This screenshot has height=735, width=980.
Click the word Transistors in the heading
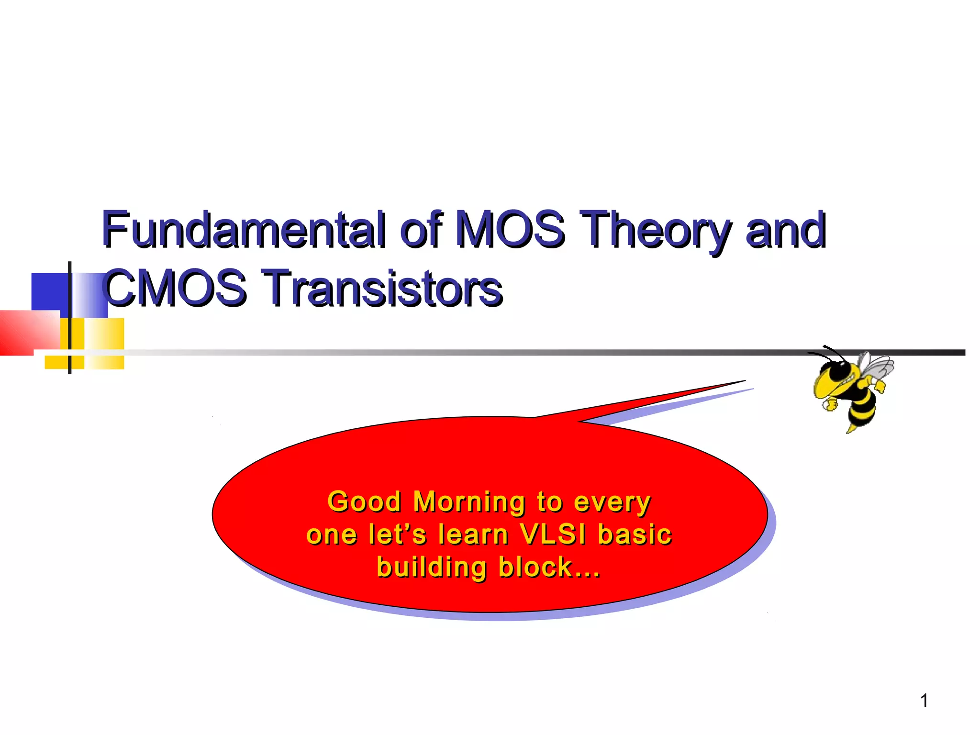tap(383, 288)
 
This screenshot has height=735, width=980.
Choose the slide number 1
tap(924, 701)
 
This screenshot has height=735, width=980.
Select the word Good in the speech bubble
tap(364, 502)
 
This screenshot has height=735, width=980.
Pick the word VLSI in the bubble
tap(553, 535)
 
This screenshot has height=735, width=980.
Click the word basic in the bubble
tap(635, 535)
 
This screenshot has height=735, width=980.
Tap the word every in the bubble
tap(612, 503)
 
